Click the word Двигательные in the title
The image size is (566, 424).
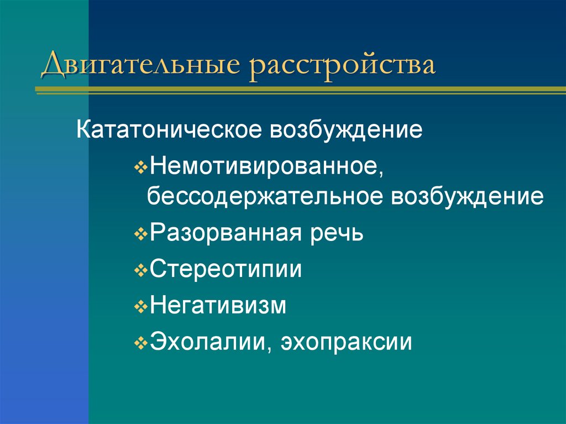(x=141, y=65)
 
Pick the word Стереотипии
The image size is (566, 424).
(x=226, y=270)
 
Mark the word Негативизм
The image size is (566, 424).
(x=218, y=306)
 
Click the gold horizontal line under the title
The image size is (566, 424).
(x=298, y=89)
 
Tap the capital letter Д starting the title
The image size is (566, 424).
(x=53, y=65)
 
